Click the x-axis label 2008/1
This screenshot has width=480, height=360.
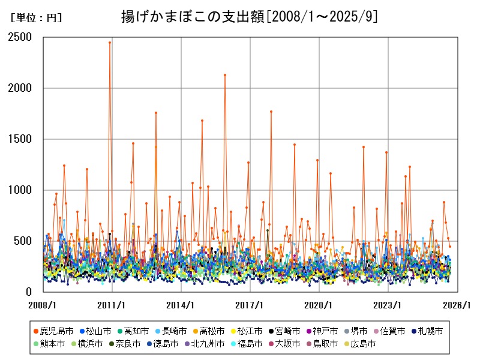coord(43,305)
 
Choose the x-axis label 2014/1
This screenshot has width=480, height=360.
coord(181,305)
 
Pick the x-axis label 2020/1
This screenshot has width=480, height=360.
coord(319,305)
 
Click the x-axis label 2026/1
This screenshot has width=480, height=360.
coord(457,305)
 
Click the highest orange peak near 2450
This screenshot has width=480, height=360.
coord(109,43)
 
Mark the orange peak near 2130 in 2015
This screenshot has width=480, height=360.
coord(225,75)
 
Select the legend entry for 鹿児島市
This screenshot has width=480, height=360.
coord(56,331)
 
